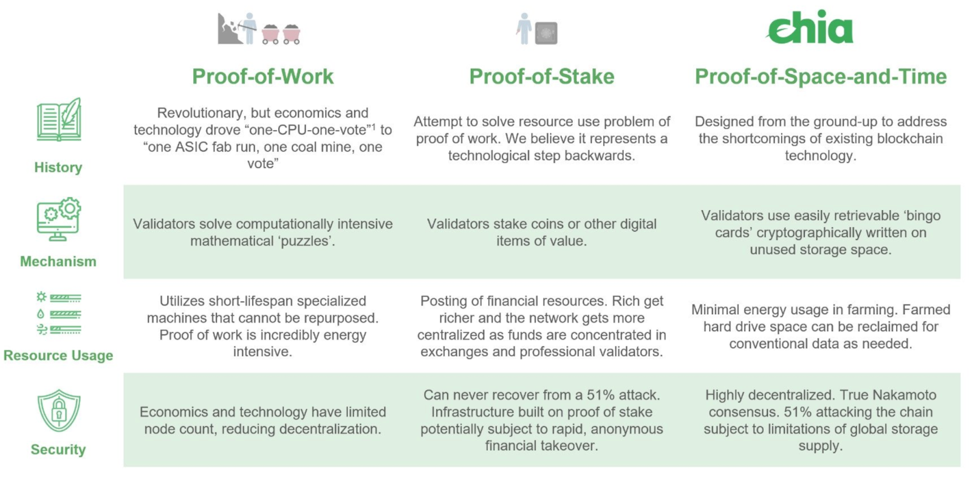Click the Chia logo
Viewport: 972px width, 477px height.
(810, 28)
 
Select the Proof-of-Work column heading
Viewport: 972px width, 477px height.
(262, 77)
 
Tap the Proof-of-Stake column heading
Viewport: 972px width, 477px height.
(541, 77)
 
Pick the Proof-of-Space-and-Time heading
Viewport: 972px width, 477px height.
(821, 77)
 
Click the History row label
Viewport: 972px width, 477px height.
(58, 168)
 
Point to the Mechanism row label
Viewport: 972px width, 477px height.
(58, 262)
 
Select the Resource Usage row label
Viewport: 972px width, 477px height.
(58, 355)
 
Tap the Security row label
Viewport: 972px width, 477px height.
(58, 450)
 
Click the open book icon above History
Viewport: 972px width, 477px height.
(59, 120)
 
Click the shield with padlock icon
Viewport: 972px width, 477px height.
(59, 410)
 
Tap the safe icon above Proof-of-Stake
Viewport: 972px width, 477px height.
(546, 33)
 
